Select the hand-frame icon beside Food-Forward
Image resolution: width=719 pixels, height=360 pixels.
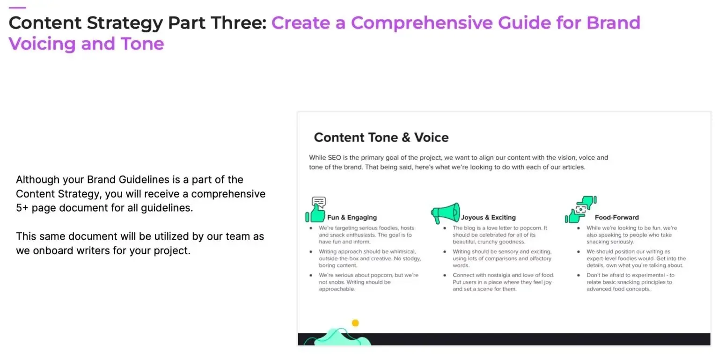(580, 210)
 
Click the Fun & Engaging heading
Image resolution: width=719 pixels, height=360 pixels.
(352, 217)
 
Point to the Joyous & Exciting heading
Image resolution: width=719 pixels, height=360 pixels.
(488, 217)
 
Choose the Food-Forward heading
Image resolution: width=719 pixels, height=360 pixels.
(616, 217)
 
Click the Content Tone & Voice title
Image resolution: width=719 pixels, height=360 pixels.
(381, 137)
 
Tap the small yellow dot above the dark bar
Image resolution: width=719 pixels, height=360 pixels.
(355, 323)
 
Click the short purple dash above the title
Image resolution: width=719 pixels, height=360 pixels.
(17, 7)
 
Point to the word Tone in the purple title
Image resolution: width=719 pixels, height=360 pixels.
(142, 44)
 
